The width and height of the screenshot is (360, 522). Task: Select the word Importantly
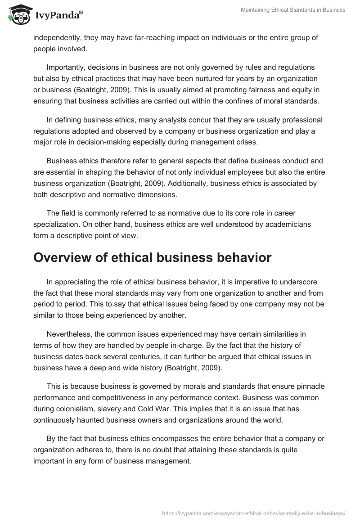[x=68, y=67]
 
